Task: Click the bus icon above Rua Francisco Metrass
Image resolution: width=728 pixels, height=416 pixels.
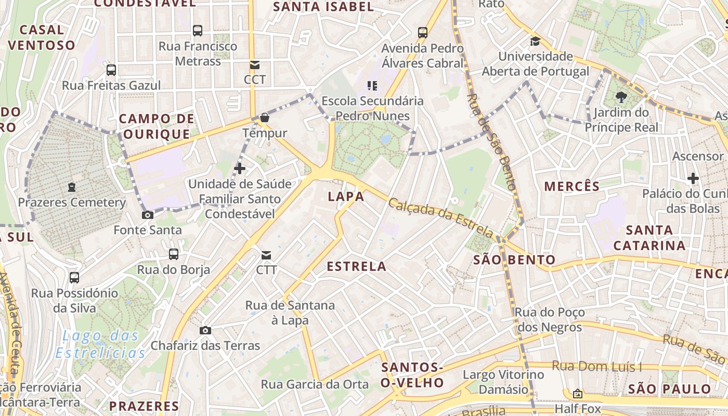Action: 198,31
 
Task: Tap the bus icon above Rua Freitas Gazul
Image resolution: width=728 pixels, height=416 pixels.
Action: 111,70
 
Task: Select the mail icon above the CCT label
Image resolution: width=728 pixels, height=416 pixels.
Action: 254,65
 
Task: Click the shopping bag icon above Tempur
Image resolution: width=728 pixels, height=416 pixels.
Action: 265,118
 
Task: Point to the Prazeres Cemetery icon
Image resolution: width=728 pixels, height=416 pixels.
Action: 72,187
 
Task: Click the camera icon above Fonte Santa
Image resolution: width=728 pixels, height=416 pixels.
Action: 148,215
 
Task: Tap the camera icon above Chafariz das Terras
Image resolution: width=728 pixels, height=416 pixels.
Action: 205,330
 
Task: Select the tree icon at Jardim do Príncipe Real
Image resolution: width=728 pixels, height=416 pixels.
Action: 621,97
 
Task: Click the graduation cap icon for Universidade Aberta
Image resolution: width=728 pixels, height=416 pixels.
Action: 535,41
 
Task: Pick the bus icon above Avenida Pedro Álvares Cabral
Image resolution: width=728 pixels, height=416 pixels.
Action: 423,33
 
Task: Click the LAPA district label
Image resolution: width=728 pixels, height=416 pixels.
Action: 346,197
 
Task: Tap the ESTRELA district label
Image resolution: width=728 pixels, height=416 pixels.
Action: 356,266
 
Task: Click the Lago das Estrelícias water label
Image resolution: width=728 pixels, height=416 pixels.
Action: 100,344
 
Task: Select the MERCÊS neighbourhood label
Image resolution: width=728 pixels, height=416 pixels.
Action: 572,186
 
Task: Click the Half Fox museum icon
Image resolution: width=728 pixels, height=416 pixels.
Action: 577,394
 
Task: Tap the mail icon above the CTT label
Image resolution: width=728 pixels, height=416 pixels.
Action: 266,255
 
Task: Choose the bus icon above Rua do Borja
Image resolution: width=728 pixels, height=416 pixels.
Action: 174,254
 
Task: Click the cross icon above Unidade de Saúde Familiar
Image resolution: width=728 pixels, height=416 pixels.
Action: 240,168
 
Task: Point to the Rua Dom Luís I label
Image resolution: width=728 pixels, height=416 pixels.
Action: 596,367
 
